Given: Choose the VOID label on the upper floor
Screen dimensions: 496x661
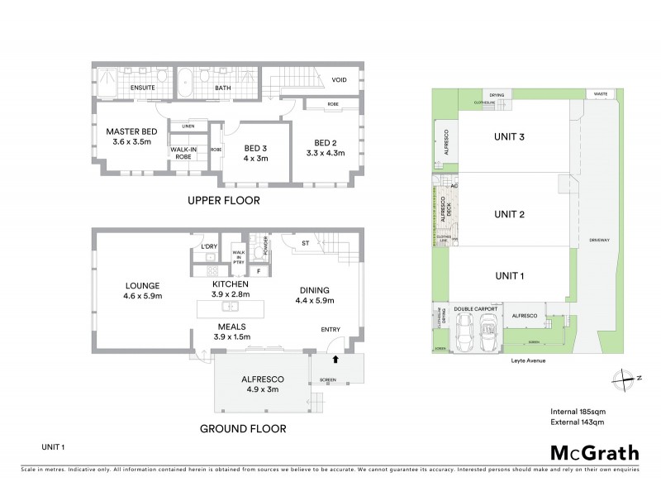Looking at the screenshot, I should pyautogui.click(x=339, y=80).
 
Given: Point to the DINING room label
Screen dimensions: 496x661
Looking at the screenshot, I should pyautogui.click(x=314, y=290).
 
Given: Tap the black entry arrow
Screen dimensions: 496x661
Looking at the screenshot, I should pyautogui.click(x=335, y=360).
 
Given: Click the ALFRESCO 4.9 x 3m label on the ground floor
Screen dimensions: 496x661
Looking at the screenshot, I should pyautogui.click(x=260, y=381).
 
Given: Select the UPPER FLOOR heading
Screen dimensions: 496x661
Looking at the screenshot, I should pyautogui.click(x=224, y=201).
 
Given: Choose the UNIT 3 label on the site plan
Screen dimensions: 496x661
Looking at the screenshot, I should pyautogui.click(x=509, y=137).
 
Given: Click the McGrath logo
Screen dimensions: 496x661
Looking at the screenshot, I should pyautogui.click(x=593, y=451).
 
